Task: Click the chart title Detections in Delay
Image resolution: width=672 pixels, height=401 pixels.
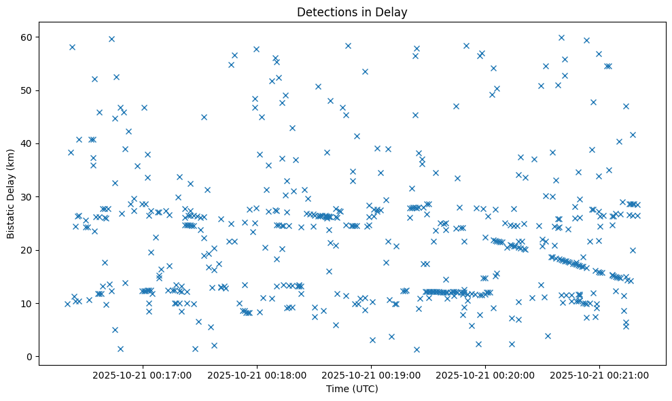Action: (352, 12)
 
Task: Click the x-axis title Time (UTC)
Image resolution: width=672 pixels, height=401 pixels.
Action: (352, 389)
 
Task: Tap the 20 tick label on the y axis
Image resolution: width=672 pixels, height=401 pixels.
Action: (28, 250)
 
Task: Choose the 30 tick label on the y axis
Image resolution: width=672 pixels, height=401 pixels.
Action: (28, 197)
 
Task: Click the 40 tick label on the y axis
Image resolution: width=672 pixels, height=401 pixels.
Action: (28, 143)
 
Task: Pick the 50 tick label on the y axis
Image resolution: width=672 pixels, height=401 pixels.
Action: (28, 90)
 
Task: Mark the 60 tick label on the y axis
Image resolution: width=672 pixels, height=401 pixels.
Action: (28, 37)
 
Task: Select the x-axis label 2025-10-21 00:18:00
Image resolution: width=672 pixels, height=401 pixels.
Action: (258, 374)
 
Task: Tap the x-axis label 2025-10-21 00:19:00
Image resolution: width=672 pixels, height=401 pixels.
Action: (372, 374)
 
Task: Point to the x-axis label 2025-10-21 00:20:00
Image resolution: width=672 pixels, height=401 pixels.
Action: (485, 374)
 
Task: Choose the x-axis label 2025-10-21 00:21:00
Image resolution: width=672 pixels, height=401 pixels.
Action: (599, 374)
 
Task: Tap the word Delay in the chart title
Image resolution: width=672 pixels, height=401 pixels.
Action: (393, 12)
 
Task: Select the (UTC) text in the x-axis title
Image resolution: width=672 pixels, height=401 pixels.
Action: (365, 389)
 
